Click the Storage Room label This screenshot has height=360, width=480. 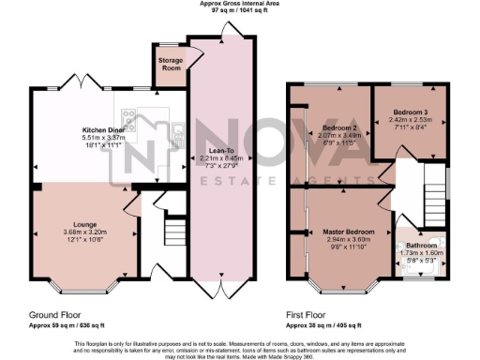pyautogui.click(x=171, y=64)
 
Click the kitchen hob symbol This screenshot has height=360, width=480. pyautogui.click(x=127, y=116)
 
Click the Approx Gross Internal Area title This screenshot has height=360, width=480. pyautogui.click(x=239, y=4)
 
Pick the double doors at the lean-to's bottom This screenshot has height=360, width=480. pyautogui.click(x=222, y=287)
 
